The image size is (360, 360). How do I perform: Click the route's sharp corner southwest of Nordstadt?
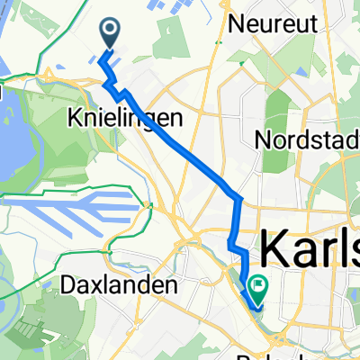(238, 198)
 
